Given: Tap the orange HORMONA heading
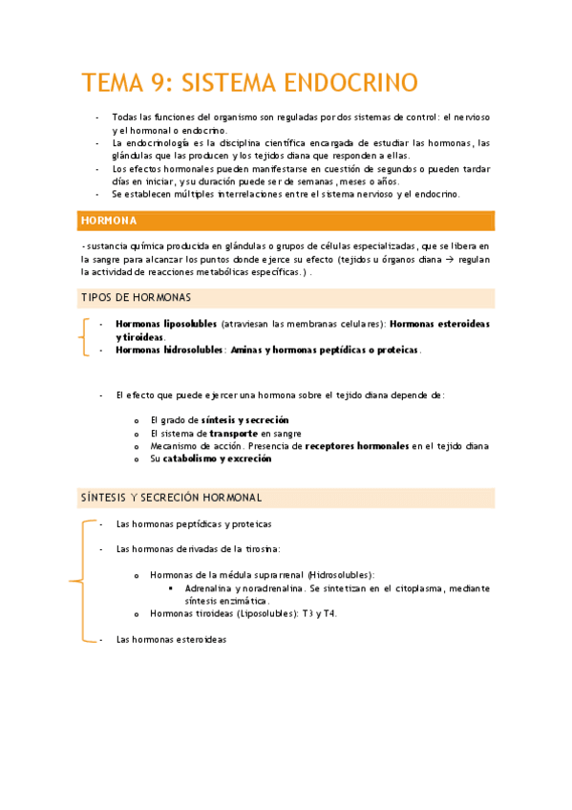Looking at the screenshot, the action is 110,222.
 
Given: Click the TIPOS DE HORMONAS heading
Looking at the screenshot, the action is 135,298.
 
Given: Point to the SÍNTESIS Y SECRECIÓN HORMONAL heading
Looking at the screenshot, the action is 170,498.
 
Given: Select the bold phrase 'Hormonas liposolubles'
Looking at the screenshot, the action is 165,324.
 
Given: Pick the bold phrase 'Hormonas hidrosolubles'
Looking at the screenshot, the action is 167,350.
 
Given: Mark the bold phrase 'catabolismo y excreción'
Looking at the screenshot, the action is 217,458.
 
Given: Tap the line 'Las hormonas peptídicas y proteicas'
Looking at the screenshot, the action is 193,523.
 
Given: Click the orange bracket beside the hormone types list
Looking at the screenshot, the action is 83,337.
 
